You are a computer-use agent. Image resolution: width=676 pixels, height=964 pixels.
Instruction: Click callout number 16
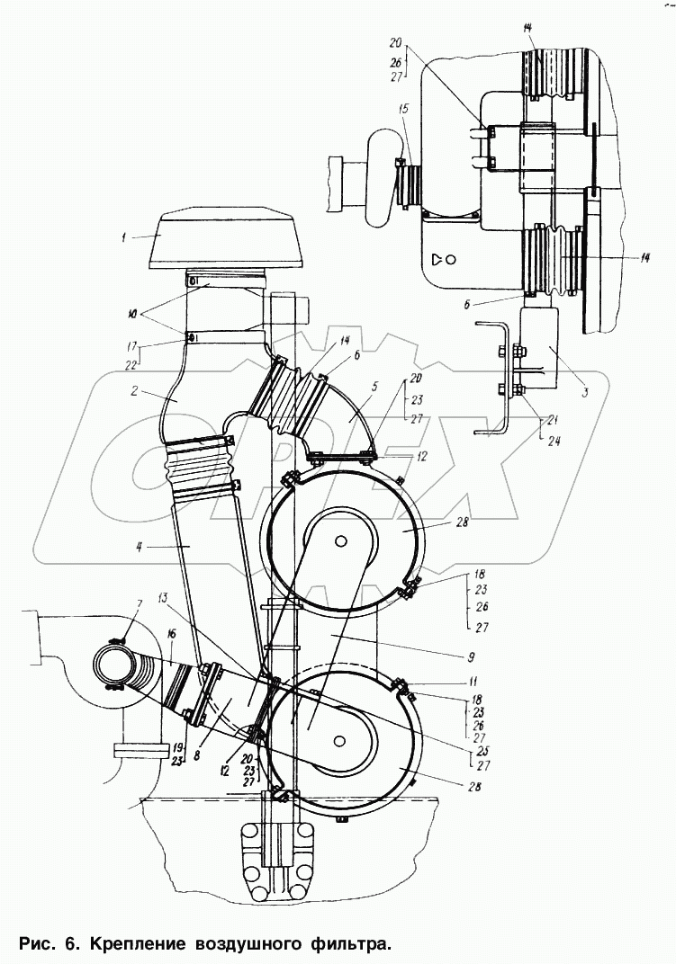(x=170, y=634)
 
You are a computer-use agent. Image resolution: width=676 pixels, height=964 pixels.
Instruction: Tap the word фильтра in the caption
(x=348, y=943)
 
